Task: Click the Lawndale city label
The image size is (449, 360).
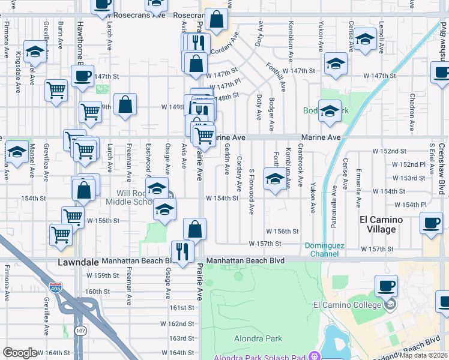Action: (79, 262)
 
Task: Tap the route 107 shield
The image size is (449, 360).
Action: (80, 331)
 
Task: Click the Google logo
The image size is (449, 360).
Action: (20, 353)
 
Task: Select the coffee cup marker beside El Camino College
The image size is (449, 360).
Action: (386, 286)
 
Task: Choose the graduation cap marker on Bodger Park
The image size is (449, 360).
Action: (329, 112)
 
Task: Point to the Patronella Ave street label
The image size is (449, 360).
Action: (331, 205)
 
